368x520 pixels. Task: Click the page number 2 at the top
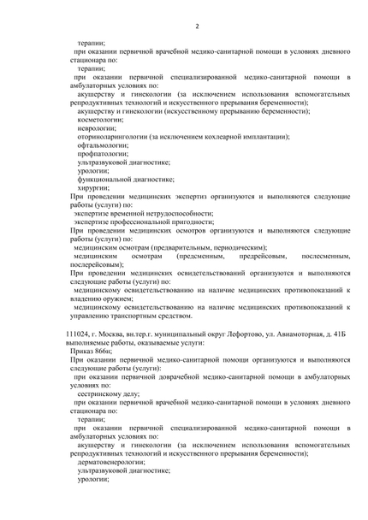tap(197, 26)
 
